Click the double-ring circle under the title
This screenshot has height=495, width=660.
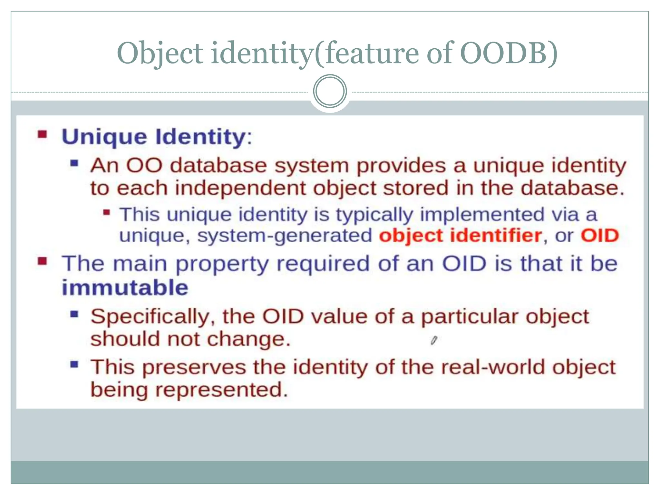coord(330,91)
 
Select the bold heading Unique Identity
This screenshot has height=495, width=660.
coord(154,137)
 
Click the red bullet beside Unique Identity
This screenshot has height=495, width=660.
coord(42,134)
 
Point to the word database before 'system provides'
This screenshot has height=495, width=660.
coord(218,166)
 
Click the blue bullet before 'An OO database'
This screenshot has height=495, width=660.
coord(74,163)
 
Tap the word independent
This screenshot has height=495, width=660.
coord(240,188)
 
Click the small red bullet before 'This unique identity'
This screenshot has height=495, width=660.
coord(107,212)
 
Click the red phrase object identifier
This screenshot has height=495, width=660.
coord(460,236)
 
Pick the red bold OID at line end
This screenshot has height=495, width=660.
coord(599,236)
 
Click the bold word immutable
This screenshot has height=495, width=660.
coord(125,287)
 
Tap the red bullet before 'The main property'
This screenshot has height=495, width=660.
coord(42,261)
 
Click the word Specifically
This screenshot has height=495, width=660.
coord(150,316)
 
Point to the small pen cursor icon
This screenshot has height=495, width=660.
coord(434,340)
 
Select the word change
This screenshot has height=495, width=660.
coord(248,339)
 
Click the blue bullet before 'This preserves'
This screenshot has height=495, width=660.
coord(74,364)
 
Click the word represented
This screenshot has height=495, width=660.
coord(221,390)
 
